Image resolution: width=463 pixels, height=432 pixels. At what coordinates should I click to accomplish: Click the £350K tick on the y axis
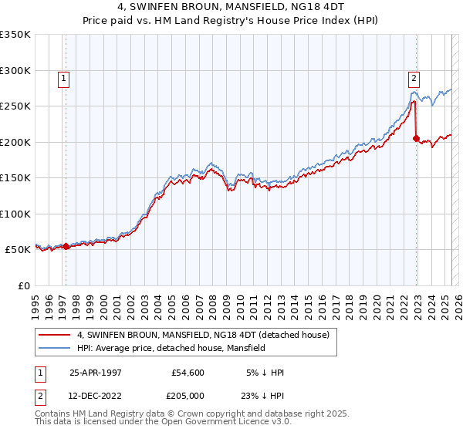[x=15, y=35]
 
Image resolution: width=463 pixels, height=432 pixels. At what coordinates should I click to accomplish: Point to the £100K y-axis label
[x=15, y=214]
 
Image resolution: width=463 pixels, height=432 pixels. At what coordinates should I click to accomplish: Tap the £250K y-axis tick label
[x=15, y=106]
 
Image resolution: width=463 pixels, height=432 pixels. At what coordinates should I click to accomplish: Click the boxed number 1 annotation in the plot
[x=63, y=77]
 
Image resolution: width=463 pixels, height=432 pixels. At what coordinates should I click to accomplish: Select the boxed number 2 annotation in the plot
[x=414, y=77]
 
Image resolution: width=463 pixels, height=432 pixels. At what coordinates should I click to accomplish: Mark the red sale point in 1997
[x=66, y=247]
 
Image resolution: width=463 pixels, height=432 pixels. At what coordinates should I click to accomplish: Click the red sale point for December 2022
[x=417, y=139]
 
